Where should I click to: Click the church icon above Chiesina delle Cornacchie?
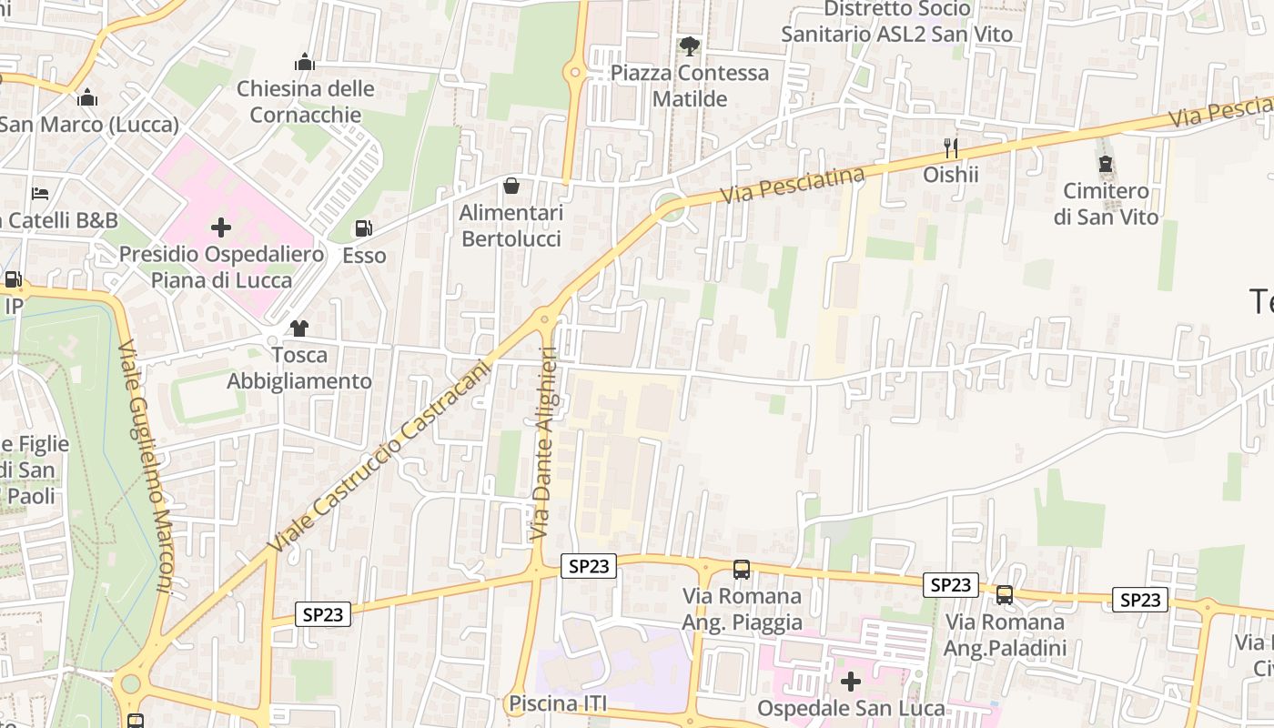(x=305, y=62)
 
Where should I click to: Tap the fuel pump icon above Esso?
(x=363, y=228)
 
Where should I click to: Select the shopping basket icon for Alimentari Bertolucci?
(x=511, y=186)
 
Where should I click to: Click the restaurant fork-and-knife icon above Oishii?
(x=951, y=147)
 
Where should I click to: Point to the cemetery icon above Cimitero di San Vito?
(x=1106, y=164)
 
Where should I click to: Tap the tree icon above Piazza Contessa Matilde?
(x=690, y=45)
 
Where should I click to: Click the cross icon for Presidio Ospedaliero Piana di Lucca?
(x=221, y=227)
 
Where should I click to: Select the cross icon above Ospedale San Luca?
(x=850, y=681)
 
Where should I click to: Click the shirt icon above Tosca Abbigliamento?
(x=298, y=328)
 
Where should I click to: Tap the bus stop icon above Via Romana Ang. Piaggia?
(x=742, y=570)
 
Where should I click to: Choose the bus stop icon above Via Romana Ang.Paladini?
(x=1004, y=595)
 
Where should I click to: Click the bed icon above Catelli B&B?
(x=40, y=193)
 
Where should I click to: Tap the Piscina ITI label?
(x=557, y=703)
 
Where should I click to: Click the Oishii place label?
(x=951, y=174)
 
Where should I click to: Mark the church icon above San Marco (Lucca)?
(x=87, y=96)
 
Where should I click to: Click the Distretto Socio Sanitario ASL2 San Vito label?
(x=896, y=22)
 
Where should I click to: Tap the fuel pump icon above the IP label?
(x=13, y=280)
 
